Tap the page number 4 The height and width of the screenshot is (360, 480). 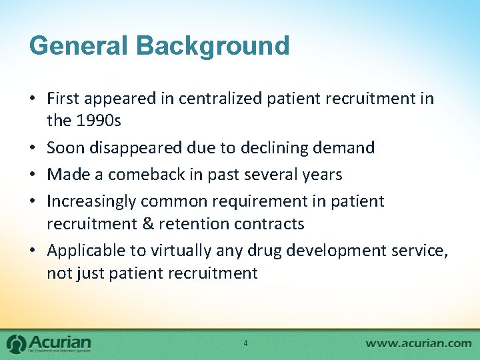(245, 343)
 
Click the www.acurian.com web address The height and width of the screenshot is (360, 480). (419, 343)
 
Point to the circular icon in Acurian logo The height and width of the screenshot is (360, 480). (16, 343)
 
